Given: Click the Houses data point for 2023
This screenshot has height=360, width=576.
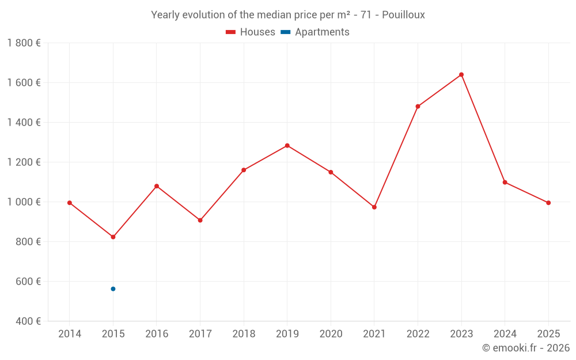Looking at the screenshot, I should pyautogui.click(x=461, y=74).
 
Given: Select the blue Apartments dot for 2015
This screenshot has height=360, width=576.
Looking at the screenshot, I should pyautogui.click(x=113, y=289).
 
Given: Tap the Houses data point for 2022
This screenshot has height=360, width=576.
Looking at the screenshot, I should pyautogui.click(x=418, y=107).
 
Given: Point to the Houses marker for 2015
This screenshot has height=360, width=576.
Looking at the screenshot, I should pyautogui.click(x=113, y=237).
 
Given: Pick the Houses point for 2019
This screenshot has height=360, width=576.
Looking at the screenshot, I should pyautogui.click(x=287, y=146).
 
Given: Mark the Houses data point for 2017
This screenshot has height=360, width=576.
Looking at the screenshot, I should pyautogui.click(x=200, y=220).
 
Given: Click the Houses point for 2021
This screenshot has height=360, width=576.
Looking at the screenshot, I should pyautogui.click(x=374, y=207).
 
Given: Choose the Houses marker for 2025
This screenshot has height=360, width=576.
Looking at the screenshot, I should pyautogui.click(x=548, y=203).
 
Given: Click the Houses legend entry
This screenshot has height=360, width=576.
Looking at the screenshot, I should pyautogui.click(x=251, y=32).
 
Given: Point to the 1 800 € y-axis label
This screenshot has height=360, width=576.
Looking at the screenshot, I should pyautogui.click(x=24, y=43).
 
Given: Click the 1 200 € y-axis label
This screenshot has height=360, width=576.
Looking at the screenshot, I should pyautogui.click(x=24, y=162).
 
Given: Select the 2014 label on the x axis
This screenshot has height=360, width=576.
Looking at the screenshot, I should pyautogui.click(x=70, y=334).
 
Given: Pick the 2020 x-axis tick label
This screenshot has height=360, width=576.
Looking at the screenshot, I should pyautogui.click(x=331, y=334).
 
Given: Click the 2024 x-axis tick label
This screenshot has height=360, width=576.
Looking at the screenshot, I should pyautogui.click(x=505, y=334).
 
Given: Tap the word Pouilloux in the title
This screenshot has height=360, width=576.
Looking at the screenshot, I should pyautogui.click(x=404, y=15).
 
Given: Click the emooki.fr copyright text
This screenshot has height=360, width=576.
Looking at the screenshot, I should pyautogui.click(x=526, y=348).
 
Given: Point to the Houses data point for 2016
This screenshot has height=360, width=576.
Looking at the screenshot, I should pyautogui.click(x=157, y=186).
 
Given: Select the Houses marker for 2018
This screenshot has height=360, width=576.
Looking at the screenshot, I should pyautogui.click(x=244, y=170).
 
